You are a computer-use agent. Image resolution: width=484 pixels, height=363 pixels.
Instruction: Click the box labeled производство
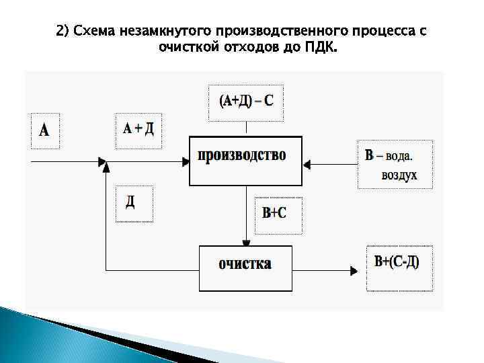pyautogui.click(x=245, y=161)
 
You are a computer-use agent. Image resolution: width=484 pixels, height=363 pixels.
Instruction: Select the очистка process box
pyautogui.click(x=245, y=268)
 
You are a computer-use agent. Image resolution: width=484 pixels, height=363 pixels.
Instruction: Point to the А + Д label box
pyautogui.click(x=138, y=130)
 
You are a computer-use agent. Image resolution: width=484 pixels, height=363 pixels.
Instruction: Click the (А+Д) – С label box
pyautogui.click(x=246, y=102)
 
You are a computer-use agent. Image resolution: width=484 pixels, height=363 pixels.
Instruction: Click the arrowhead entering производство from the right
pyautogui.click(x=307, y=162)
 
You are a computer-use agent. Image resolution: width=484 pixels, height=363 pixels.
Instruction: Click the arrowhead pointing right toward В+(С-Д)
pyautogui.click(x=354, y=271)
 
